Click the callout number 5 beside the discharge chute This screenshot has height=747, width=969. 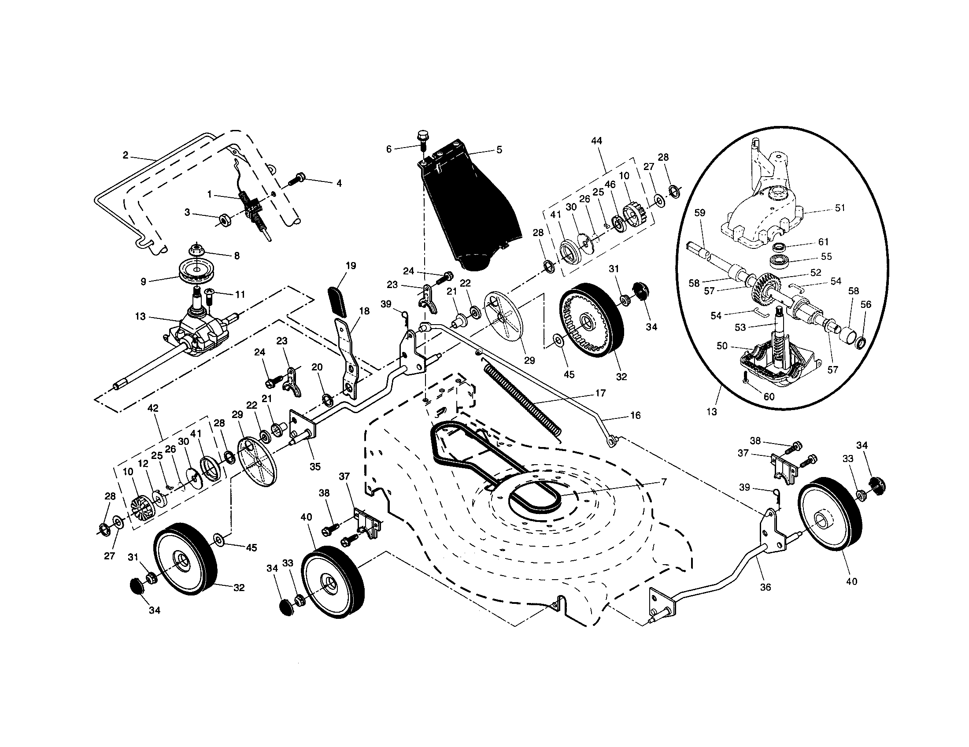point(499,150)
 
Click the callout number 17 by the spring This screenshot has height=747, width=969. point(600,393)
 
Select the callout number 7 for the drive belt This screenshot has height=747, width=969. point(663,482)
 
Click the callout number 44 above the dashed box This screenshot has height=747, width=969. point(596,141)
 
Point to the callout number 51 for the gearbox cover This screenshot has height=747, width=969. point(840,207)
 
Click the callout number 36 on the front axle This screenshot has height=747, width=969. point(766,587)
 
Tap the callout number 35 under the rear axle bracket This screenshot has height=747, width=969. point(315,466)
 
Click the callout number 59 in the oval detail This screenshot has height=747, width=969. point(699,213)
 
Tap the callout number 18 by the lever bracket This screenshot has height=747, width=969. point(364,311)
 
